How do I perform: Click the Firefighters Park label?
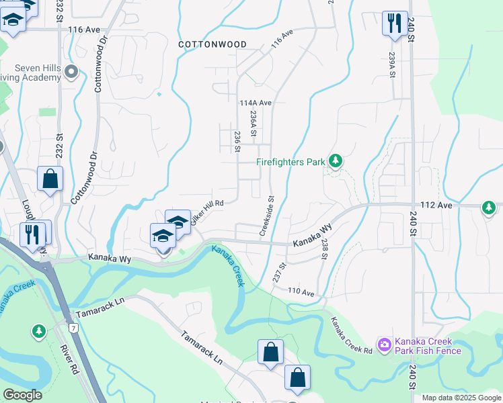point(291,162)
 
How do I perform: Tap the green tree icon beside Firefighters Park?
point(336,161)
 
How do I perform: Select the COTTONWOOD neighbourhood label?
point(212,44)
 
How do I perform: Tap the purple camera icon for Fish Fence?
point(384,345)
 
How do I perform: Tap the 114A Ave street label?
point(255,103)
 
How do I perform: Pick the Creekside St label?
point(268,216)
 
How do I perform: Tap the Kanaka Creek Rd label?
point(351,336)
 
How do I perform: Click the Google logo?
point(22,395)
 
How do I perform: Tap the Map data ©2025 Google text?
point(461,398)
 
